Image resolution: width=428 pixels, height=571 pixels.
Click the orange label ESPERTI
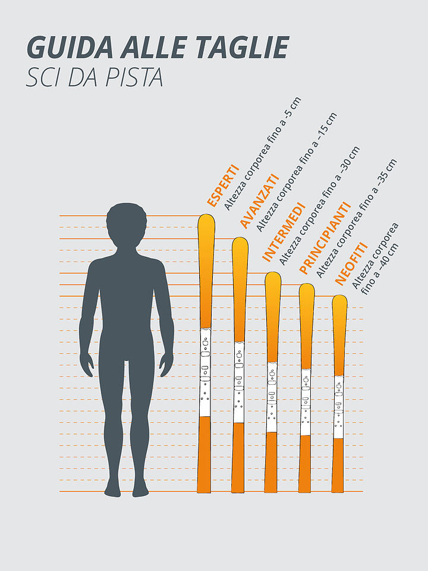point(222,186)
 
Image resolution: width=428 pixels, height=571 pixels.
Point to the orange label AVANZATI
point(259,201)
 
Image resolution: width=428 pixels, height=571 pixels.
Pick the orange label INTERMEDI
point(284,233)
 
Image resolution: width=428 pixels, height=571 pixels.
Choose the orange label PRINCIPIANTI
point(324,238)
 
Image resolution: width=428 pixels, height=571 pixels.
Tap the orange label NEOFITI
point(351,263)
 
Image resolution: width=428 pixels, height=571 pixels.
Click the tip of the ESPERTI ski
point(206,219)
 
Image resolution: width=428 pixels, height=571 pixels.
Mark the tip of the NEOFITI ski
point(339,299)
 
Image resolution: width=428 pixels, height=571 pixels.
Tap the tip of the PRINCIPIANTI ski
point(306,288)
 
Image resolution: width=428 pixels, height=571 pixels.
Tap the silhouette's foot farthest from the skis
point(112,490)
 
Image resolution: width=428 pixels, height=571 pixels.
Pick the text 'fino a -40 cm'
point(381,268)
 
